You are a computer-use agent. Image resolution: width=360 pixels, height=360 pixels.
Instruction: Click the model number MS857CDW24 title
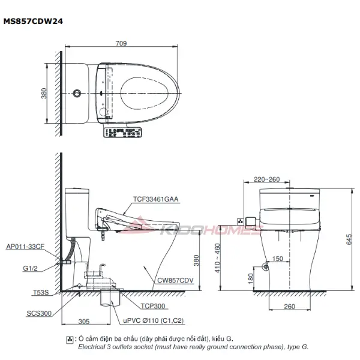point(34,20)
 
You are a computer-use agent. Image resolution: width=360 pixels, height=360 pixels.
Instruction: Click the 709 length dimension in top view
point(122,43)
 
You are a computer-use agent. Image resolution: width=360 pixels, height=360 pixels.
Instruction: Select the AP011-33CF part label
point(26,247)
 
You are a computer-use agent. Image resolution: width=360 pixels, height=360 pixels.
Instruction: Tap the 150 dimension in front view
point(277,259)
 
